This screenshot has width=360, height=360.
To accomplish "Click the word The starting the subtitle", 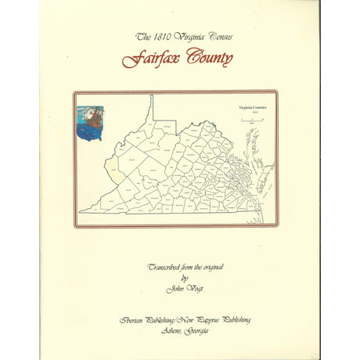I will click(142, 37).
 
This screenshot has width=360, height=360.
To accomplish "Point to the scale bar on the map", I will click(252, 119).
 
